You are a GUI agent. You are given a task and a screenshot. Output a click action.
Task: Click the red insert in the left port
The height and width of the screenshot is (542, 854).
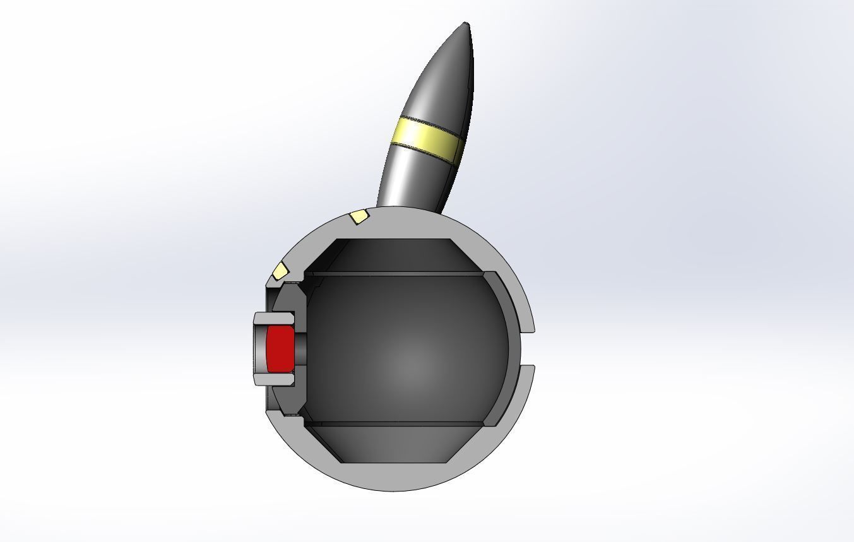point(279,349)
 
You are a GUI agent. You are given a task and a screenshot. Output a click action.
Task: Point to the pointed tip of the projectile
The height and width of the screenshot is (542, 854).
point(466,25)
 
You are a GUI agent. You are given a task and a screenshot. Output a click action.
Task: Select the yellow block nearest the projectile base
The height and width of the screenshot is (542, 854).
point(359,217)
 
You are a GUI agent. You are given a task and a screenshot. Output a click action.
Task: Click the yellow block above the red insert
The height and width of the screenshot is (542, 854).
point(279,271)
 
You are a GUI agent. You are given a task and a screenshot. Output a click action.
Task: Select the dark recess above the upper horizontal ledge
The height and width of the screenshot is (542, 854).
point(394,256)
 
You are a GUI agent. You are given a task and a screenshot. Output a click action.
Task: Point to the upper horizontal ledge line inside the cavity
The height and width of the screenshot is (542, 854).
point(394,274)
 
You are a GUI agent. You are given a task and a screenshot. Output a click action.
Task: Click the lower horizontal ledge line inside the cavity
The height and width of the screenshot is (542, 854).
point(394,423)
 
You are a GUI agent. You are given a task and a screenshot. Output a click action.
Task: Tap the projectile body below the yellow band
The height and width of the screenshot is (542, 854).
point(410,180)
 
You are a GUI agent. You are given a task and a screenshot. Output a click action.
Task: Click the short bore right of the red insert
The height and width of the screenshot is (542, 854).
point(300,349)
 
